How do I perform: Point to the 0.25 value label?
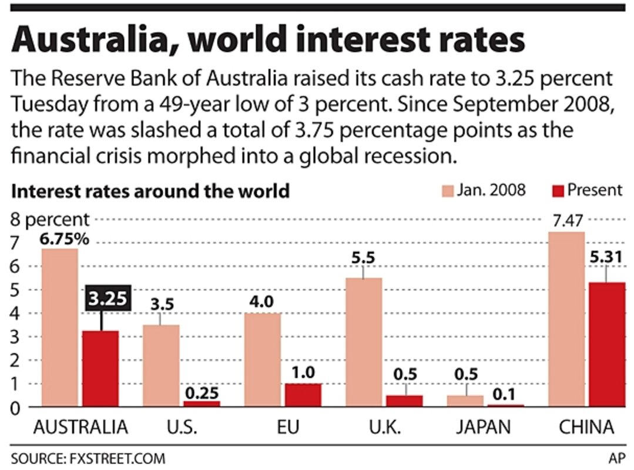tap(201, 389)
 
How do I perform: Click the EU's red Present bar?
tap(303, 395)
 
